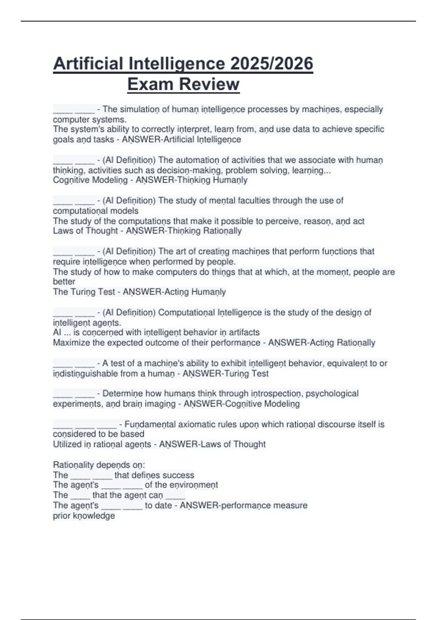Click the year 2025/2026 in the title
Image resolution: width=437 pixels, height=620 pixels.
[x=271, y=64]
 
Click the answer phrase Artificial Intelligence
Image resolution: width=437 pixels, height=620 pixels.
[x=202, y=139]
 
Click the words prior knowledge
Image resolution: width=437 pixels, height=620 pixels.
[x=84, y=516]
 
